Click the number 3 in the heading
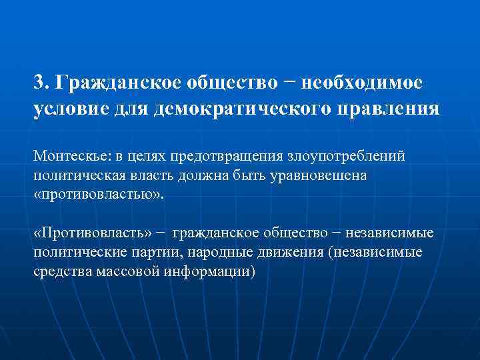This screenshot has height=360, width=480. (39, 83)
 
